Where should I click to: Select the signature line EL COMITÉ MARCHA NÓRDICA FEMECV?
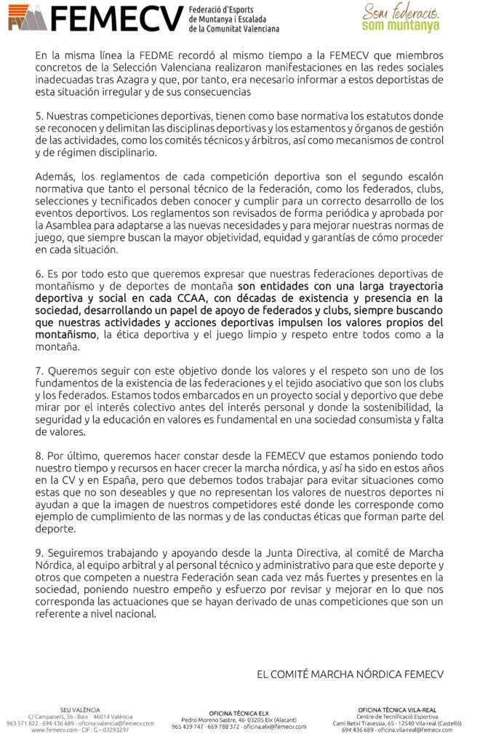coord(350,674)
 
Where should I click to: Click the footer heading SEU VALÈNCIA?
coord(80,709)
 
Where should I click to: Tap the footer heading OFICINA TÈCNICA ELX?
coord(239,713)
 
